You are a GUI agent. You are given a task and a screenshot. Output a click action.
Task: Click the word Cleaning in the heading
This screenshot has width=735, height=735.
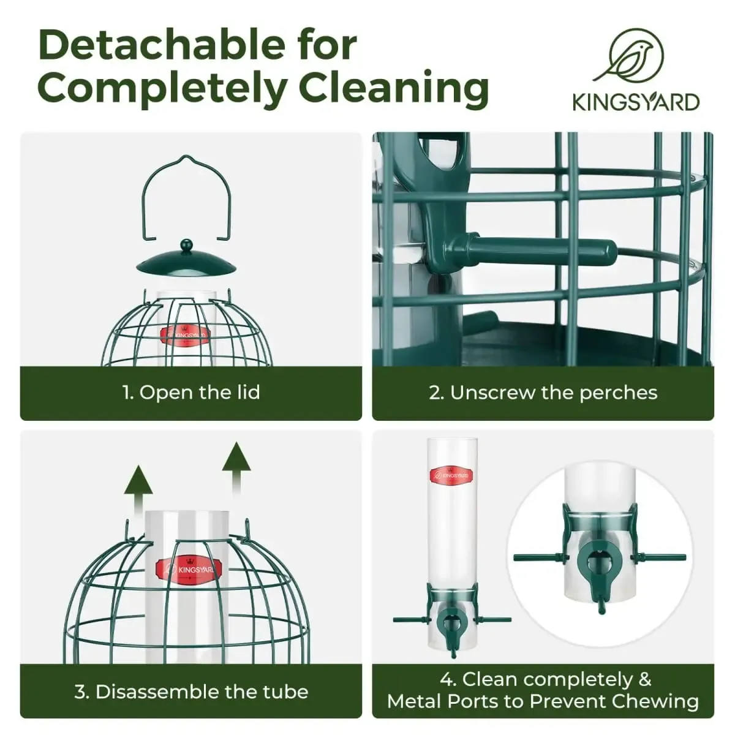394,88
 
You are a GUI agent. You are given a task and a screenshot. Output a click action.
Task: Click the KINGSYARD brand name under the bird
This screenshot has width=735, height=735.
636,102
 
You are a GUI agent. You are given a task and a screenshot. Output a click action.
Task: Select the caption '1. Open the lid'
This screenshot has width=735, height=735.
190,393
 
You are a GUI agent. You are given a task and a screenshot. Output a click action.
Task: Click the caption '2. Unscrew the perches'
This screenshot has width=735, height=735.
543,393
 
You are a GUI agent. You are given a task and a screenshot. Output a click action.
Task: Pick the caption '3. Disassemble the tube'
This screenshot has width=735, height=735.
191,691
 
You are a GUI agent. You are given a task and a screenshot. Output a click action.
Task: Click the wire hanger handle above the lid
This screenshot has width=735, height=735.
187,198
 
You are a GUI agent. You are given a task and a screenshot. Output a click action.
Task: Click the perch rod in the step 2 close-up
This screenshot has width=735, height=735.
530,250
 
